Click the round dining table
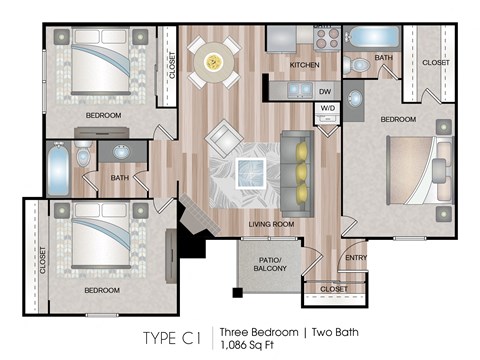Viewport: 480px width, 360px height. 213,61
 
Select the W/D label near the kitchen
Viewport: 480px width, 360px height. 326,108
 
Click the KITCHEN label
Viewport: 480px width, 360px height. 304,65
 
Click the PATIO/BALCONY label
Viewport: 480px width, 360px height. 269,265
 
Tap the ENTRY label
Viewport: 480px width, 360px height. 355,258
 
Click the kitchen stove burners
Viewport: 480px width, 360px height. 327,38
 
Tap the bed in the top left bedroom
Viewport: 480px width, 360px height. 100,65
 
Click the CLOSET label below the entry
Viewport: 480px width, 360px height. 334,289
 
